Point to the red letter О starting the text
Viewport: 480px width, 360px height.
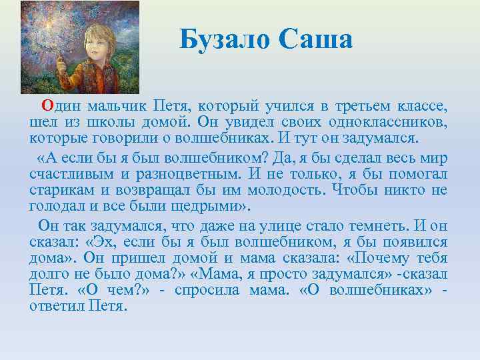click(47, 105)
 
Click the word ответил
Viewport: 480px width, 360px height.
click(55, 306)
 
